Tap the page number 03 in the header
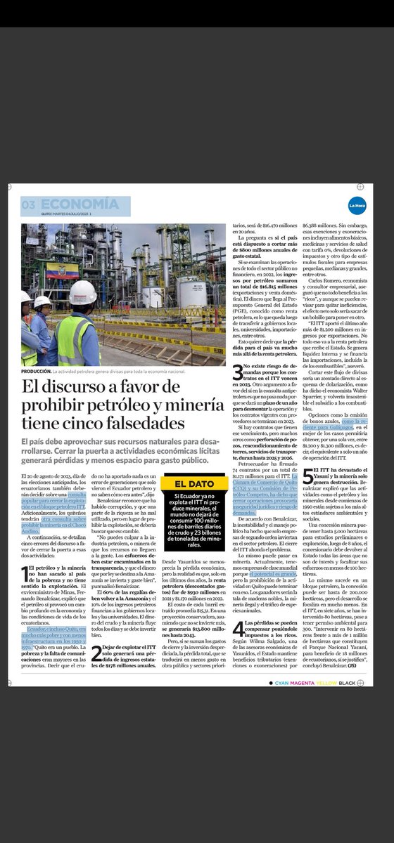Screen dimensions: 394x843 (x=29, y=203)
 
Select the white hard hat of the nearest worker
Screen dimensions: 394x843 (x=82, y=292)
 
